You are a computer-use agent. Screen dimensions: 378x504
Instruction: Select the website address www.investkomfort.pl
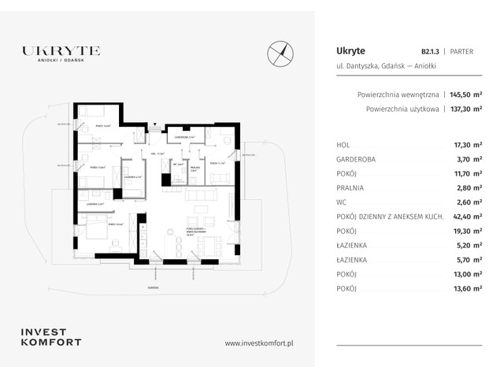pyautogui.click(x=259, y=343)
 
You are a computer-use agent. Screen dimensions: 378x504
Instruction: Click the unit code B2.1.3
pyautogui.click(x=430, y=50)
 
